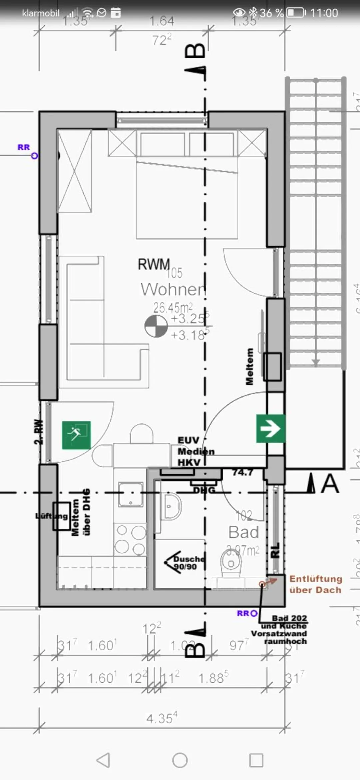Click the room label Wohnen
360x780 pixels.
coord(173,289)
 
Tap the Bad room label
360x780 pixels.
coord(244,532)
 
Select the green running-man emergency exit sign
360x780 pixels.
coord(76,435)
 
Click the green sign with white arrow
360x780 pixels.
coord(270,429)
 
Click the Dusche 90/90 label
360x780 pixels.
coord(189,563)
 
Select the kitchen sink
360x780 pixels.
coord(131,494)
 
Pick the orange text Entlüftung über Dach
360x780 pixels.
coord(315,584)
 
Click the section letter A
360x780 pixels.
coord(330,484)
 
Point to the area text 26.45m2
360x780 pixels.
coord(173,307)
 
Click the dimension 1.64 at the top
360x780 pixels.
coord(162,21)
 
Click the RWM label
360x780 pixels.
coord(154,264)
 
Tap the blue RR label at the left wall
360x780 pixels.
coord(24,147)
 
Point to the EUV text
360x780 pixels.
coord(188,440)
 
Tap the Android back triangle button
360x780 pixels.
coord(103,760)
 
